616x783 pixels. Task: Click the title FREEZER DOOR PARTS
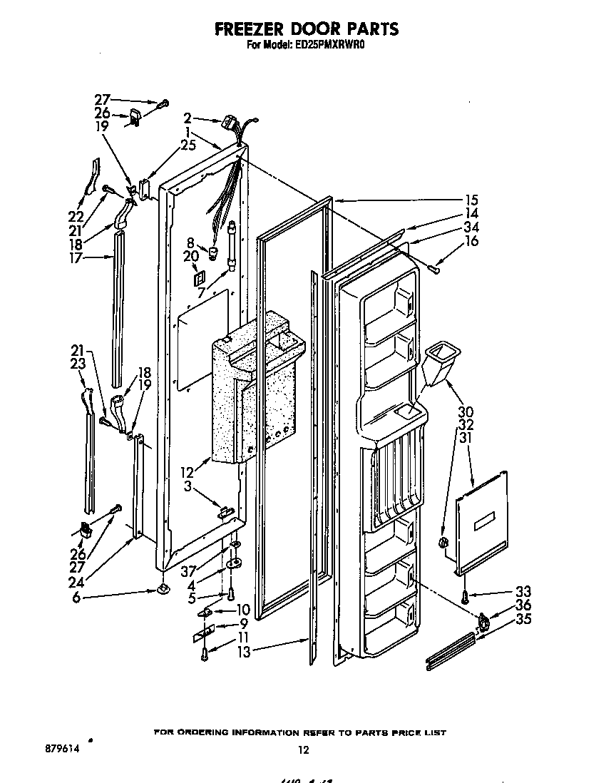coord(306,29)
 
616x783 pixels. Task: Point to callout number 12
coord(187,471)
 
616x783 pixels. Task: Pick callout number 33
coord(524,591)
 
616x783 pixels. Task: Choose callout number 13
coord(244,650)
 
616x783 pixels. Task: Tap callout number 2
coord(187,118)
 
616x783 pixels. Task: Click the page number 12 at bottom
coord(304,749)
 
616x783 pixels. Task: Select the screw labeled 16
coord(436,267)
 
